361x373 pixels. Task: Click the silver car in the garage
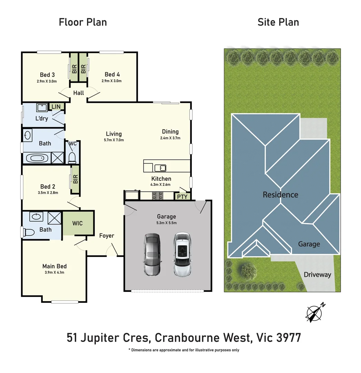pos(152,255)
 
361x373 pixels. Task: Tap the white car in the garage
pos(182,255)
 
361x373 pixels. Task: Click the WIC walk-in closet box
pos(78,223)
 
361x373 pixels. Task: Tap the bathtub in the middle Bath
pos(36,159)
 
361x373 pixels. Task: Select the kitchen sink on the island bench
pos(160,168)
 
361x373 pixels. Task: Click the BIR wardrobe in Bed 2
pos(75,179)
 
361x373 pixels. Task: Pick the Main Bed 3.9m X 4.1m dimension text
pos(54,272)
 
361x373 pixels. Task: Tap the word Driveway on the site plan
pos(317,275)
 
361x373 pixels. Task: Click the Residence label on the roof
pos(280,195)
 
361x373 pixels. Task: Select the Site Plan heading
pos(278,22)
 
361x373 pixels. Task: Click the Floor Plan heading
pos(83,22)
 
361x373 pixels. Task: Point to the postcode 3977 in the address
pos(289,337)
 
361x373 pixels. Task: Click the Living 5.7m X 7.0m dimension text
pos(114,140)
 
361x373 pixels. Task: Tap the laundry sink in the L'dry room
pos(42,108)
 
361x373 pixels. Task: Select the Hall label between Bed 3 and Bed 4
pos(79,93)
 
